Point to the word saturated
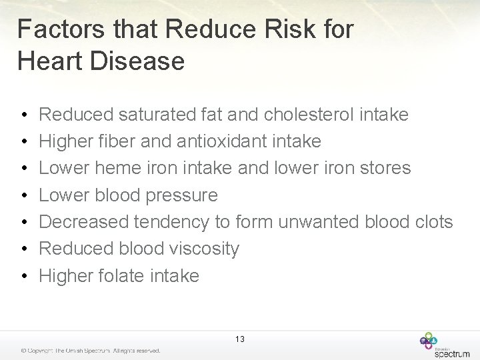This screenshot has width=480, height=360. (157, 115)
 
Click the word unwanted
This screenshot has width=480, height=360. (319, 222)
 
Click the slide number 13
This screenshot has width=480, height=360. (239, 339)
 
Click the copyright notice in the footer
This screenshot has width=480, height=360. (90, 351)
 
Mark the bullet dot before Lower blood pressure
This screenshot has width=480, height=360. (23, 196)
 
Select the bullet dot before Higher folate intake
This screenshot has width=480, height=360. (23, 276)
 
